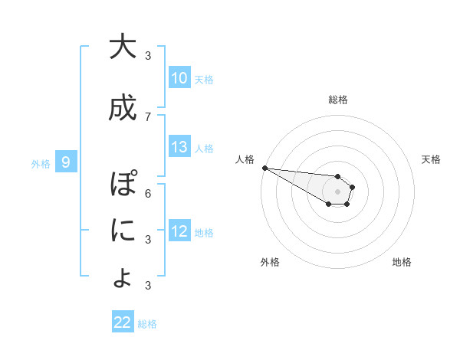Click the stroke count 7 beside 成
[148, 116]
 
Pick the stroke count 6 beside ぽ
[148, 193]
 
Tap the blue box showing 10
[179, 78]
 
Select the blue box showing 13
[179, 147]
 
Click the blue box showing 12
[179, 231]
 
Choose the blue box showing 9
[66, 162]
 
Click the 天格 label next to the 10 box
[204, 79]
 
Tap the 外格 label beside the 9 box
[41, 163]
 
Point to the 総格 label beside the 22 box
[147, 323]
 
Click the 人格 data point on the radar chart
[264, 168]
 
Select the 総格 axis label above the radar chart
[338, 100]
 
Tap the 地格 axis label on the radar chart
[402, 262]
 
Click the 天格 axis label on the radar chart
[432, 159]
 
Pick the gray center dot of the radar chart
[338, 191]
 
